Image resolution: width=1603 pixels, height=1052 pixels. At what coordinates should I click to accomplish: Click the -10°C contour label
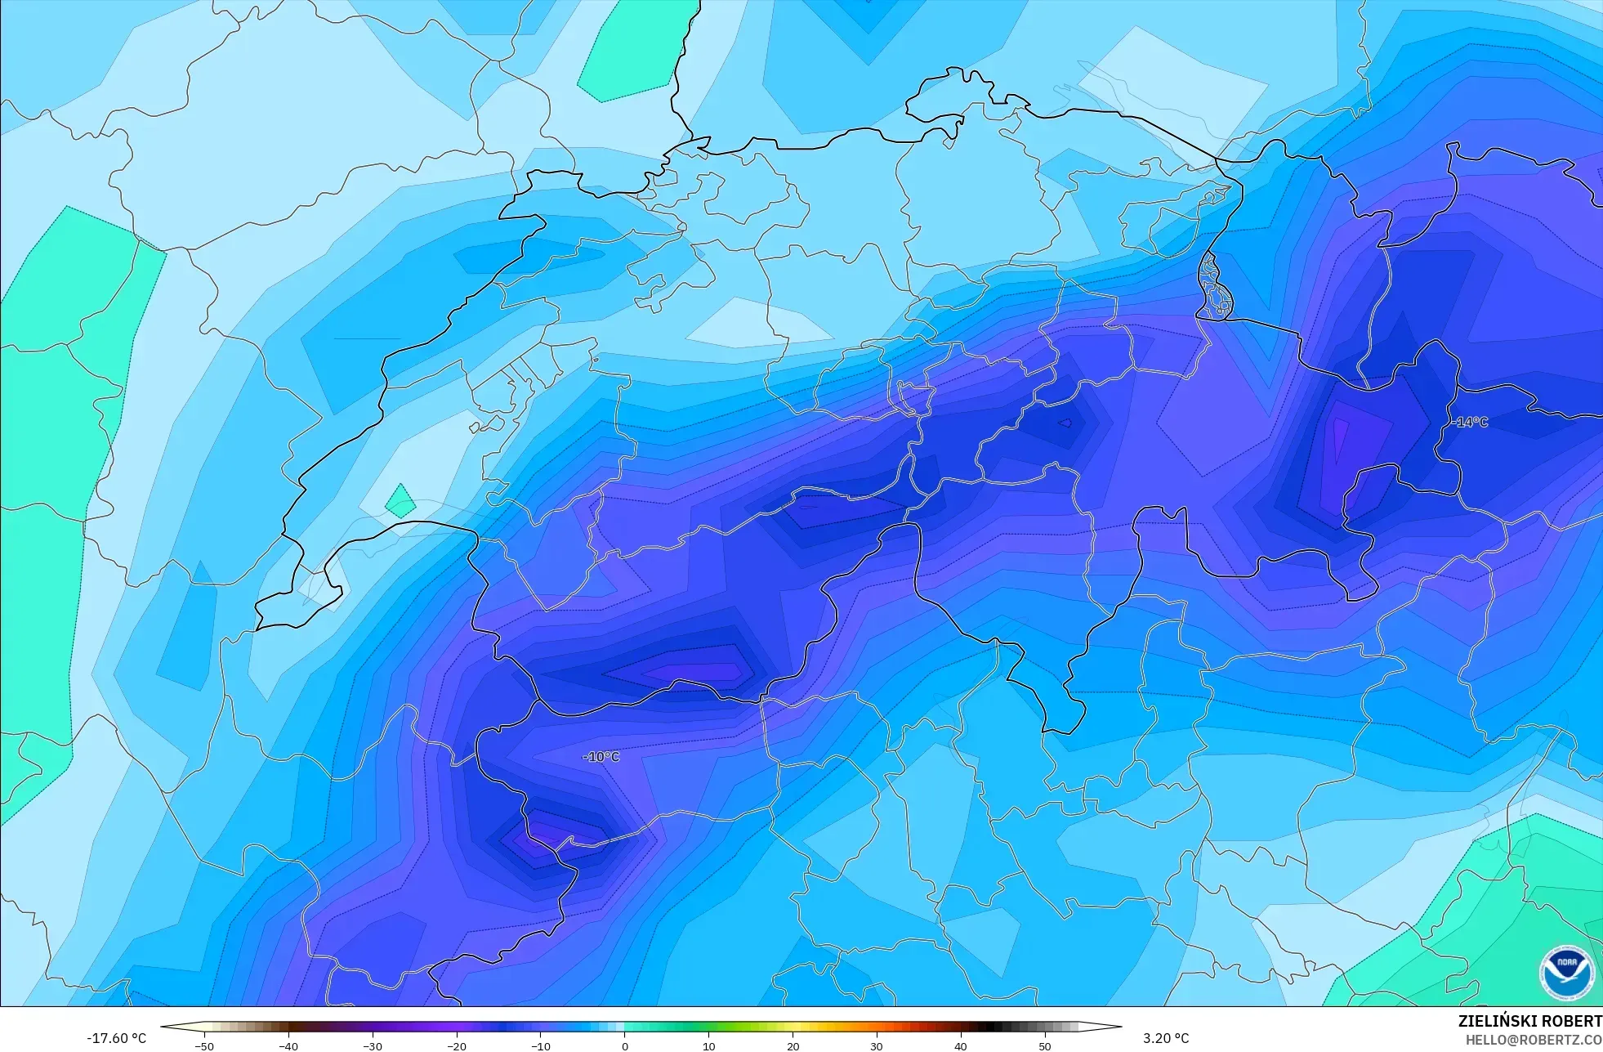pos(601,757)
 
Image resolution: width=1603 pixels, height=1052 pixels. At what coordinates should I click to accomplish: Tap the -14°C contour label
pos(1469,422)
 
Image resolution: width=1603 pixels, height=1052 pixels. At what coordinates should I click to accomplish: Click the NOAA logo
pos(1566,972)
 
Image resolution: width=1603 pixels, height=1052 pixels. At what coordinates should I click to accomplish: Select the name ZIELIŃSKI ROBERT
pos(1529,1021)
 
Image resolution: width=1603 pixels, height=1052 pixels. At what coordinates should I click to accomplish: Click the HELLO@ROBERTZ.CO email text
pos(1533,1040)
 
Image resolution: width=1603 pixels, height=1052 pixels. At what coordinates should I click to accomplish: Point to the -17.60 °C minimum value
pos(116,1038)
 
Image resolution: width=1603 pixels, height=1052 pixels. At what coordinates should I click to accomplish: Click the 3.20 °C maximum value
pos(1166,1038)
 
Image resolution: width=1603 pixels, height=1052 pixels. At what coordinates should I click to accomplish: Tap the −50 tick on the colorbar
pos(204,1045)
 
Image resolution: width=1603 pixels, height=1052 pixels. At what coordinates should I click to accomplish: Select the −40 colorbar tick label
pos(288,1045)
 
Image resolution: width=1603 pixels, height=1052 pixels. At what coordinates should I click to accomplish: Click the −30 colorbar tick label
pos(373,1045)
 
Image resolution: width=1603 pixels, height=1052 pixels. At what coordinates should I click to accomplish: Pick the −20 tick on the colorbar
pos(457,1045)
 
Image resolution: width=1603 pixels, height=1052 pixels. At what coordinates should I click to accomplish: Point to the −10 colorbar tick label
pos(541,1045)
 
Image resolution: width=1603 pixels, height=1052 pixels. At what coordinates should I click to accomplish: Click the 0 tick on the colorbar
pos(625,1045)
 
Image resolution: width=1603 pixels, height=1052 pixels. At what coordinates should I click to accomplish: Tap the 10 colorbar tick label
pos(708,1045)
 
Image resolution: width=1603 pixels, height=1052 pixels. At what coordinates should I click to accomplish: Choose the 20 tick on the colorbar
pos(793,1045)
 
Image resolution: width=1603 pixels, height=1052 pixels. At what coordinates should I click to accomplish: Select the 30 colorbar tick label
pos(877,1045)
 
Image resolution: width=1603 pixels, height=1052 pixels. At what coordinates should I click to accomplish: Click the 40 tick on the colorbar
pos(961,1045)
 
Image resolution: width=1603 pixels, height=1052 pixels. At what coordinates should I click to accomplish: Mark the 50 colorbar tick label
pos(1045,1045)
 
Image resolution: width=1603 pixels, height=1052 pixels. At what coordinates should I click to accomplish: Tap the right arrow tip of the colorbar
pos(1119,1027)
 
